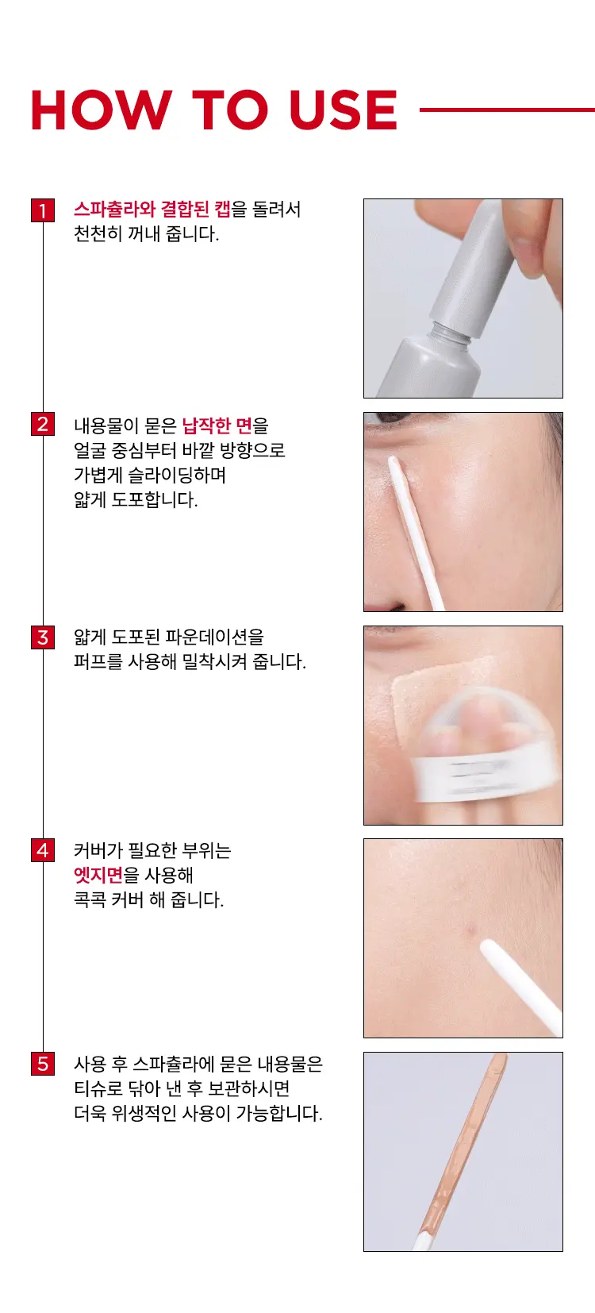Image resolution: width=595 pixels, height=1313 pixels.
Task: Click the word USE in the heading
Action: coord(343,110)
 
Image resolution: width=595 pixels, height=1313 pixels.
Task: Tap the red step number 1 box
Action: coord(43,210)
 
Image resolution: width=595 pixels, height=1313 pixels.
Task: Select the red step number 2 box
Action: coord(43,424)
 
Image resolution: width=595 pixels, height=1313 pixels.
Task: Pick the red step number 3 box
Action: coord(43,637)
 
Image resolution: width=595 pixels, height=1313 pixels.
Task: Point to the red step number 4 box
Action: coord(43,850)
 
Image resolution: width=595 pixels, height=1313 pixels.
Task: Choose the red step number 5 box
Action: coord(43,1064)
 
